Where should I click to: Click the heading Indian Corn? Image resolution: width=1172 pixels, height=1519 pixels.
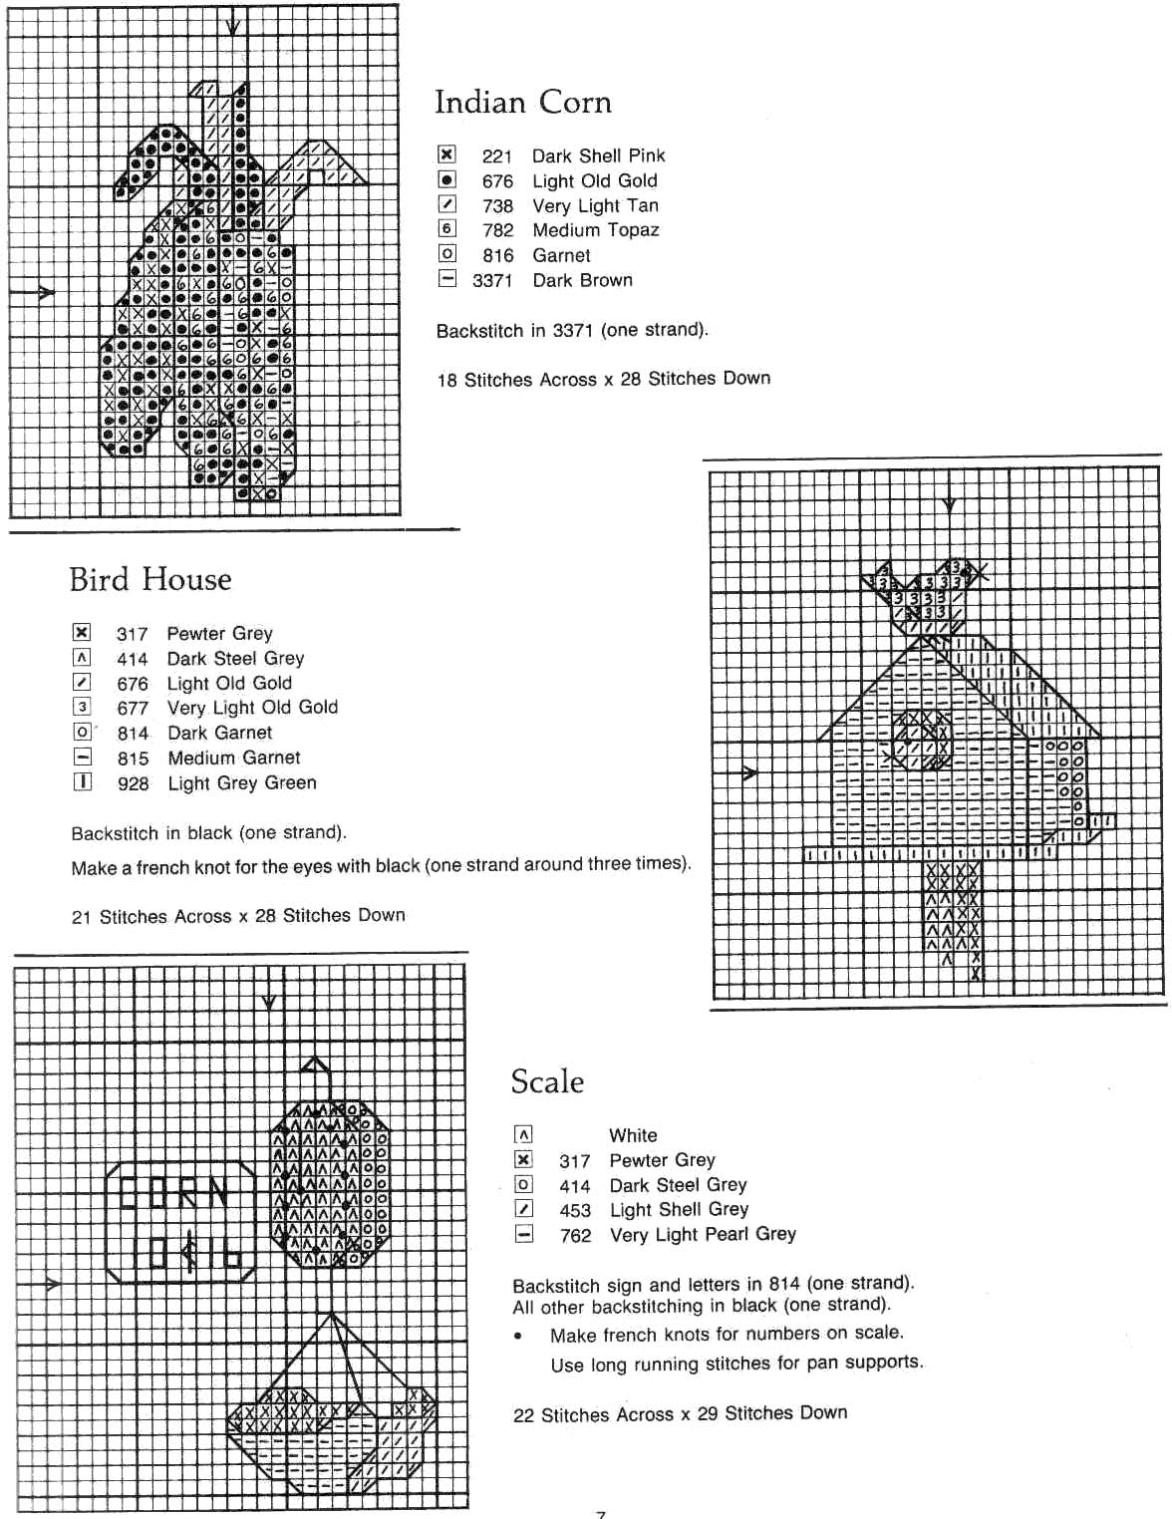522,103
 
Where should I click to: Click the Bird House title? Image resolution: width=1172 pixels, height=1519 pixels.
150,580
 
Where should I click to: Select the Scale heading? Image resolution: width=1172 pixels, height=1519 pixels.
547,1082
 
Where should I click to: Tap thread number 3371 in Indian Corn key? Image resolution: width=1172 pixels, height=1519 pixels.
492,281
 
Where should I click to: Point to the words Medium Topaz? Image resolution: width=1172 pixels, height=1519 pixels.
595,230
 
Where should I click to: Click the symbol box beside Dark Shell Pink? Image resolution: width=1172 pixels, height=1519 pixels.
447,154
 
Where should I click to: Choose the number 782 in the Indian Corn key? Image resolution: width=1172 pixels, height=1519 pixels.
497,230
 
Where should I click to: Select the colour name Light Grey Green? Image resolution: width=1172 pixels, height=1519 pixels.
241,783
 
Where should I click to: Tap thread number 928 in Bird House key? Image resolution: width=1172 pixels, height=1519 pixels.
133,784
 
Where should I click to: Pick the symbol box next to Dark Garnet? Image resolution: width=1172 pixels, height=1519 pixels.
83,733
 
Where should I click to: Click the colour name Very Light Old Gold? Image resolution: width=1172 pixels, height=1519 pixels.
252,708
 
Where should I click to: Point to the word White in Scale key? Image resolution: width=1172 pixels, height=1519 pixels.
633,1135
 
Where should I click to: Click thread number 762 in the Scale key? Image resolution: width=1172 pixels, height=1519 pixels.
575,1236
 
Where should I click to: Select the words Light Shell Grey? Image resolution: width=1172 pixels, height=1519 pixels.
679,1210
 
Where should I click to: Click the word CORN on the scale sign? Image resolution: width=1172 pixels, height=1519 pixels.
173,1194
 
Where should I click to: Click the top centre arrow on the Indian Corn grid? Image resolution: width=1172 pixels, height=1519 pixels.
232,26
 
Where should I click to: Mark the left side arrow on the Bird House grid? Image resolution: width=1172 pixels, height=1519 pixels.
749,773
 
